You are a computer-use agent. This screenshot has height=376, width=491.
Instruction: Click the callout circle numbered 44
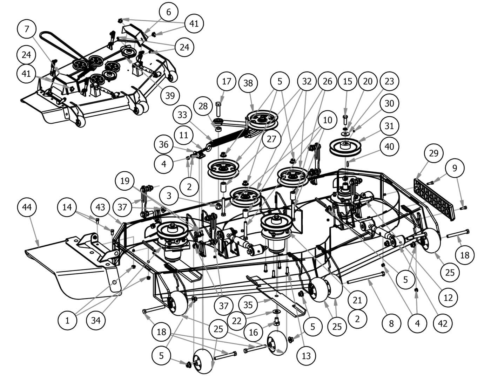[x=27, y=207]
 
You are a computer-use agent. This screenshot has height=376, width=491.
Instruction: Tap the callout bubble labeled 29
[x=433, y=153]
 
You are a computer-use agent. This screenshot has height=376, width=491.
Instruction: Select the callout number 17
[x=227, y=82]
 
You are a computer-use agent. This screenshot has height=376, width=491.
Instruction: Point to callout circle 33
[x=182, y=115]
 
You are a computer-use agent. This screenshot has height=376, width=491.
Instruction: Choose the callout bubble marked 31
[x=389, y=126]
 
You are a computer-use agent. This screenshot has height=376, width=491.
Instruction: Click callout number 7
[x=27, y=29]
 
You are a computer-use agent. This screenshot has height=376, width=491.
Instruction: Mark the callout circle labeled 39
[x=170, y=95]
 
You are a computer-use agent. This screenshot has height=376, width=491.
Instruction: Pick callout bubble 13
[x=306, y=356]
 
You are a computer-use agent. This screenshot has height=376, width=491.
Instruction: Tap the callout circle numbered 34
[x=96, y=320]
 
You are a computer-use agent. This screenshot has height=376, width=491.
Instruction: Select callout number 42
[x=443, y=324]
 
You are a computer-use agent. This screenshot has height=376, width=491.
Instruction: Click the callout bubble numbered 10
[x=328, y=120]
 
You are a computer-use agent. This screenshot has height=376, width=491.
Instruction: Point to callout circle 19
[x=125, y=181]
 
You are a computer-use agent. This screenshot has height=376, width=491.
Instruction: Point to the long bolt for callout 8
[x=366, y=278]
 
